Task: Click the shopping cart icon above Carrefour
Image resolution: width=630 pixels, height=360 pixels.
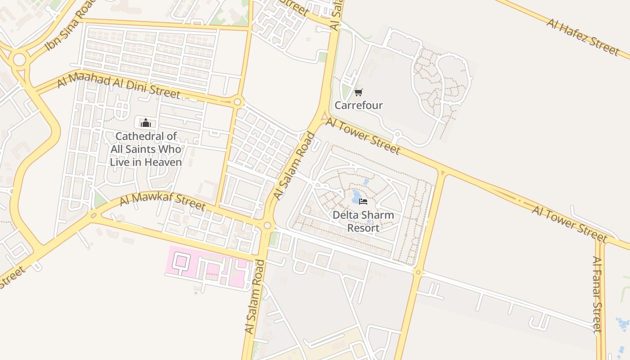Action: pos(358,93)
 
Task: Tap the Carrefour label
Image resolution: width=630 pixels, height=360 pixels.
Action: pos(358,105)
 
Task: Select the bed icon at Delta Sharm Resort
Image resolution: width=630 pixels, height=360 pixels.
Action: pos(363,201)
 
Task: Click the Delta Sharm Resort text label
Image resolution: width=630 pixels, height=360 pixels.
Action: pos(363,221)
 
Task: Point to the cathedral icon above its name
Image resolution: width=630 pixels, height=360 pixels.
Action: pos(145,122)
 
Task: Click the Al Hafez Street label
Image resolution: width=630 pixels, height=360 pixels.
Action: pos(582,36)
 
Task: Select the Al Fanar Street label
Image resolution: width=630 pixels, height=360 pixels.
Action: pos(597,294)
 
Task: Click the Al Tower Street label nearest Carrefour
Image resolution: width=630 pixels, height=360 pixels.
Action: pos(362,135)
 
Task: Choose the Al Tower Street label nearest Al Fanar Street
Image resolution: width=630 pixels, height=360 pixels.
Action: pos(569,224)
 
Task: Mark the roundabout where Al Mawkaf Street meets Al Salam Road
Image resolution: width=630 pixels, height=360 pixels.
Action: pos(267,225)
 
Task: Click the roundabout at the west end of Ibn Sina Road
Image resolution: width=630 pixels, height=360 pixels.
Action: pos(19,59)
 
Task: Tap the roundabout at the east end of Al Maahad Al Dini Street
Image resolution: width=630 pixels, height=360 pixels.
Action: pos(237,102)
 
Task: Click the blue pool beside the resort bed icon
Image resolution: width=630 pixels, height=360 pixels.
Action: pos(355,197)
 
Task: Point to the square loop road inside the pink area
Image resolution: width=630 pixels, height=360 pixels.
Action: pos(182,261)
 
